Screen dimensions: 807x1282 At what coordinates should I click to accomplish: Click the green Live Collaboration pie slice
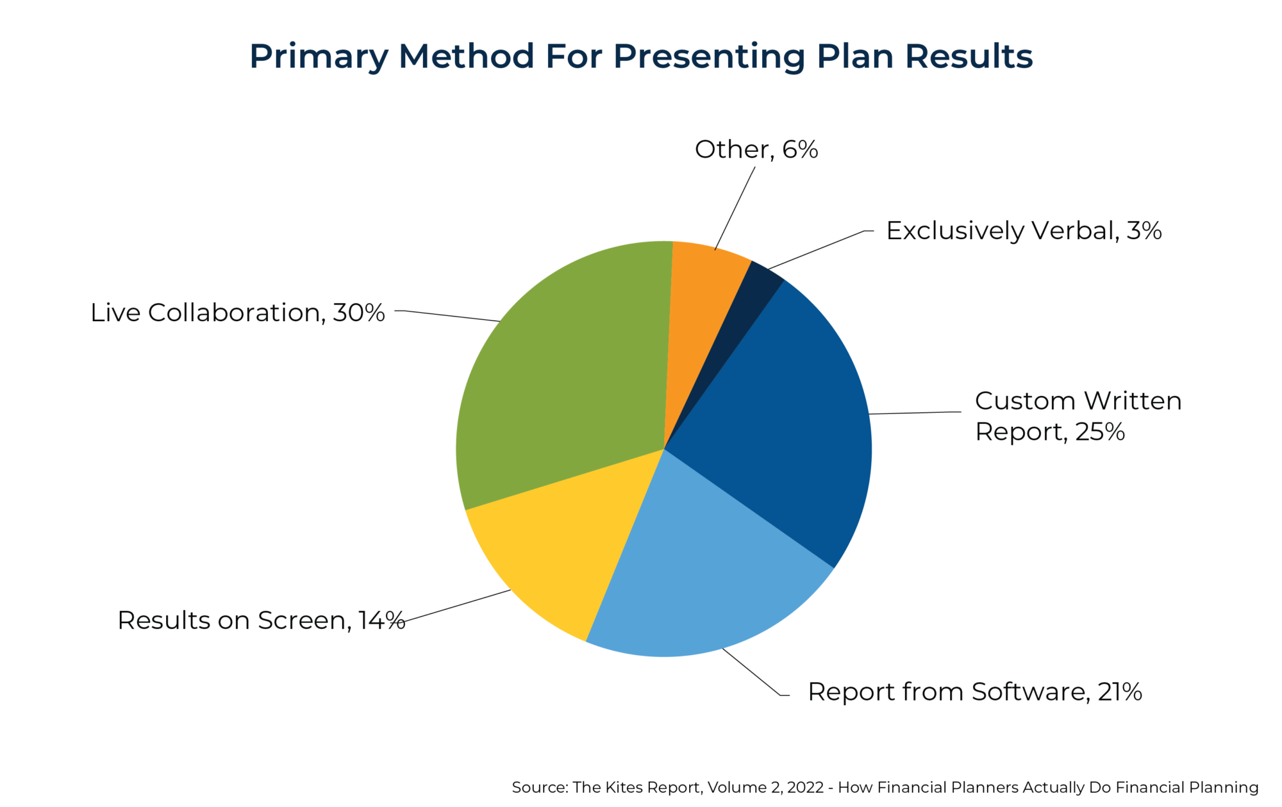click(x=564, y=372)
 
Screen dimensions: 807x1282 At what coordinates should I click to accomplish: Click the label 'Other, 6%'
click(x=756, y=149)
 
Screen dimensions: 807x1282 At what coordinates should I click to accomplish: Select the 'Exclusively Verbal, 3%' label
click(x=1024, y=231)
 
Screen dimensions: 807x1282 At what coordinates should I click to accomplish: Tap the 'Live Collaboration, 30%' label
click(x=237, y=313)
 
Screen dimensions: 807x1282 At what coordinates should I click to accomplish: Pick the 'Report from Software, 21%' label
click(x=974, y=692)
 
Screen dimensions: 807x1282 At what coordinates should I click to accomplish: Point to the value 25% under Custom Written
click(x=1100, y=432)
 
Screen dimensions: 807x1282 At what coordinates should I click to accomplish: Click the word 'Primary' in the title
click(x=319, y=56)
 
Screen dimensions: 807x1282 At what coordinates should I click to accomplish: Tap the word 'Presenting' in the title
click(x=708, y=56)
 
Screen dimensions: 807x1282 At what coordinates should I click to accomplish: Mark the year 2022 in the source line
click(x=805, y=787)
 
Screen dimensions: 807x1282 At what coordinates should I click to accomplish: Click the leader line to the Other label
click(x=735, y=208)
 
